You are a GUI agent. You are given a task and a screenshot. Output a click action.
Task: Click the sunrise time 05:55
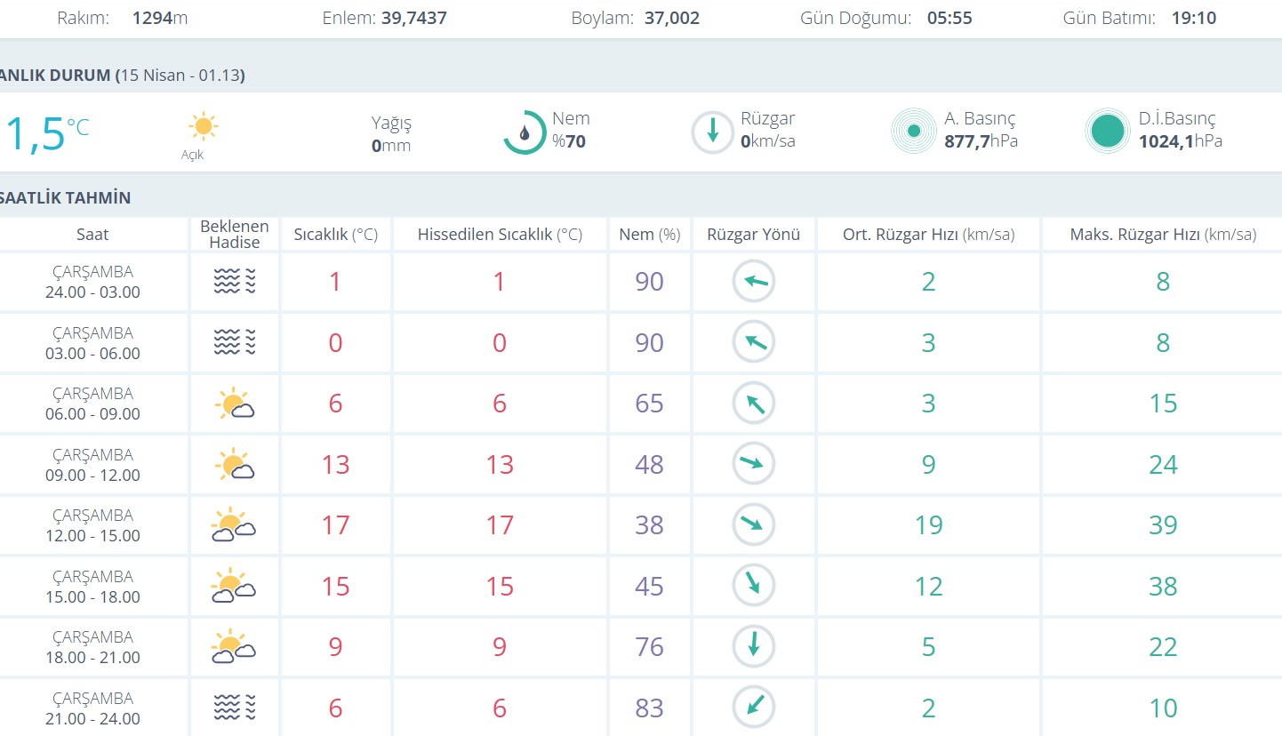point(949,18)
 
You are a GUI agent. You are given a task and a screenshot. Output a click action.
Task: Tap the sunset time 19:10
point(1193,18)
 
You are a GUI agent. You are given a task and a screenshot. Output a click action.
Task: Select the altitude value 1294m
point(160,18)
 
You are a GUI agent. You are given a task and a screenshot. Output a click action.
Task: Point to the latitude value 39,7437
point(413,18)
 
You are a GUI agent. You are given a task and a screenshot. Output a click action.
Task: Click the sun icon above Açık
point(203,126)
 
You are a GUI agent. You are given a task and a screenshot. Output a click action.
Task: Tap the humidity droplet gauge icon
point(525,132)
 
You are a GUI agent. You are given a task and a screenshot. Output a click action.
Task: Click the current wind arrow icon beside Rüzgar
point(712,132)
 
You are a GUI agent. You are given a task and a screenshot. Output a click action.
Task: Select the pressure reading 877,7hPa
point(981,141)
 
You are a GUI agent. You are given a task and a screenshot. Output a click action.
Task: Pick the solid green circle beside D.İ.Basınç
point(1107,132)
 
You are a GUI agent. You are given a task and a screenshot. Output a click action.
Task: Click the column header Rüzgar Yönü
point(753,235)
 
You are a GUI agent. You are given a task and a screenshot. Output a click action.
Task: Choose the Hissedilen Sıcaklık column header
point(500,235)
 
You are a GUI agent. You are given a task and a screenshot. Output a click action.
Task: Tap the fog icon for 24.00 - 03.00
point(235,282)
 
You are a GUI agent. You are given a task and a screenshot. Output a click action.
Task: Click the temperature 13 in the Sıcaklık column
point(335,464)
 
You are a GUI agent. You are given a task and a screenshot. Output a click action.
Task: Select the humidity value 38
point(649,525)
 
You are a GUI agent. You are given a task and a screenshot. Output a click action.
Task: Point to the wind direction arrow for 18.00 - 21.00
point(754,646)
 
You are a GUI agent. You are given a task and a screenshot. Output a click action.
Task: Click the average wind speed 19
point(928,525)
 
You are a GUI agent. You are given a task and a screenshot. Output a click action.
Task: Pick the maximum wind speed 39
point(1163,525)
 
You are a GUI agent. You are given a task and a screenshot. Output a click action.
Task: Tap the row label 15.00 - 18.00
point(93,596)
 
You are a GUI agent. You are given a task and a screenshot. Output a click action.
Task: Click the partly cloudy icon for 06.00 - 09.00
point(235,404)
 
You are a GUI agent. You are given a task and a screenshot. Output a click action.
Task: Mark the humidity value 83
point(649,708)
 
